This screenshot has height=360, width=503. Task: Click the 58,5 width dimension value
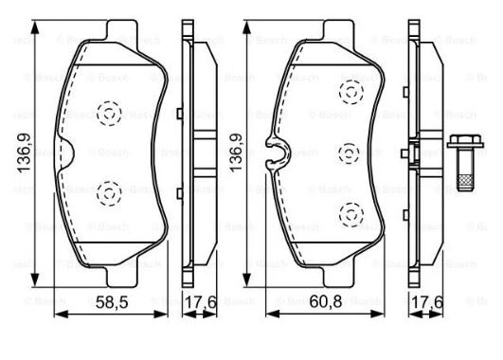tap(112, 302)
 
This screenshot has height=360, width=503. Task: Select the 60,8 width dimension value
tap(326, 301)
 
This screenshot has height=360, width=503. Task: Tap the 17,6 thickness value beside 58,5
tap(201, 302)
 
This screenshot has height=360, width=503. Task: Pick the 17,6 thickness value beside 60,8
tap(427, 302)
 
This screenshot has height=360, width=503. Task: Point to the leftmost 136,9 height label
tap(24, 153)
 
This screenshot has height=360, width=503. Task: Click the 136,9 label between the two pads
tap(236, 153)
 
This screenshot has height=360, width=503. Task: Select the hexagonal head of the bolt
tap(465, 141)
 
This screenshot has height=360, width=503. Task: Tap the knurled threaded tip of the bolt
tap(465, 183)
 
